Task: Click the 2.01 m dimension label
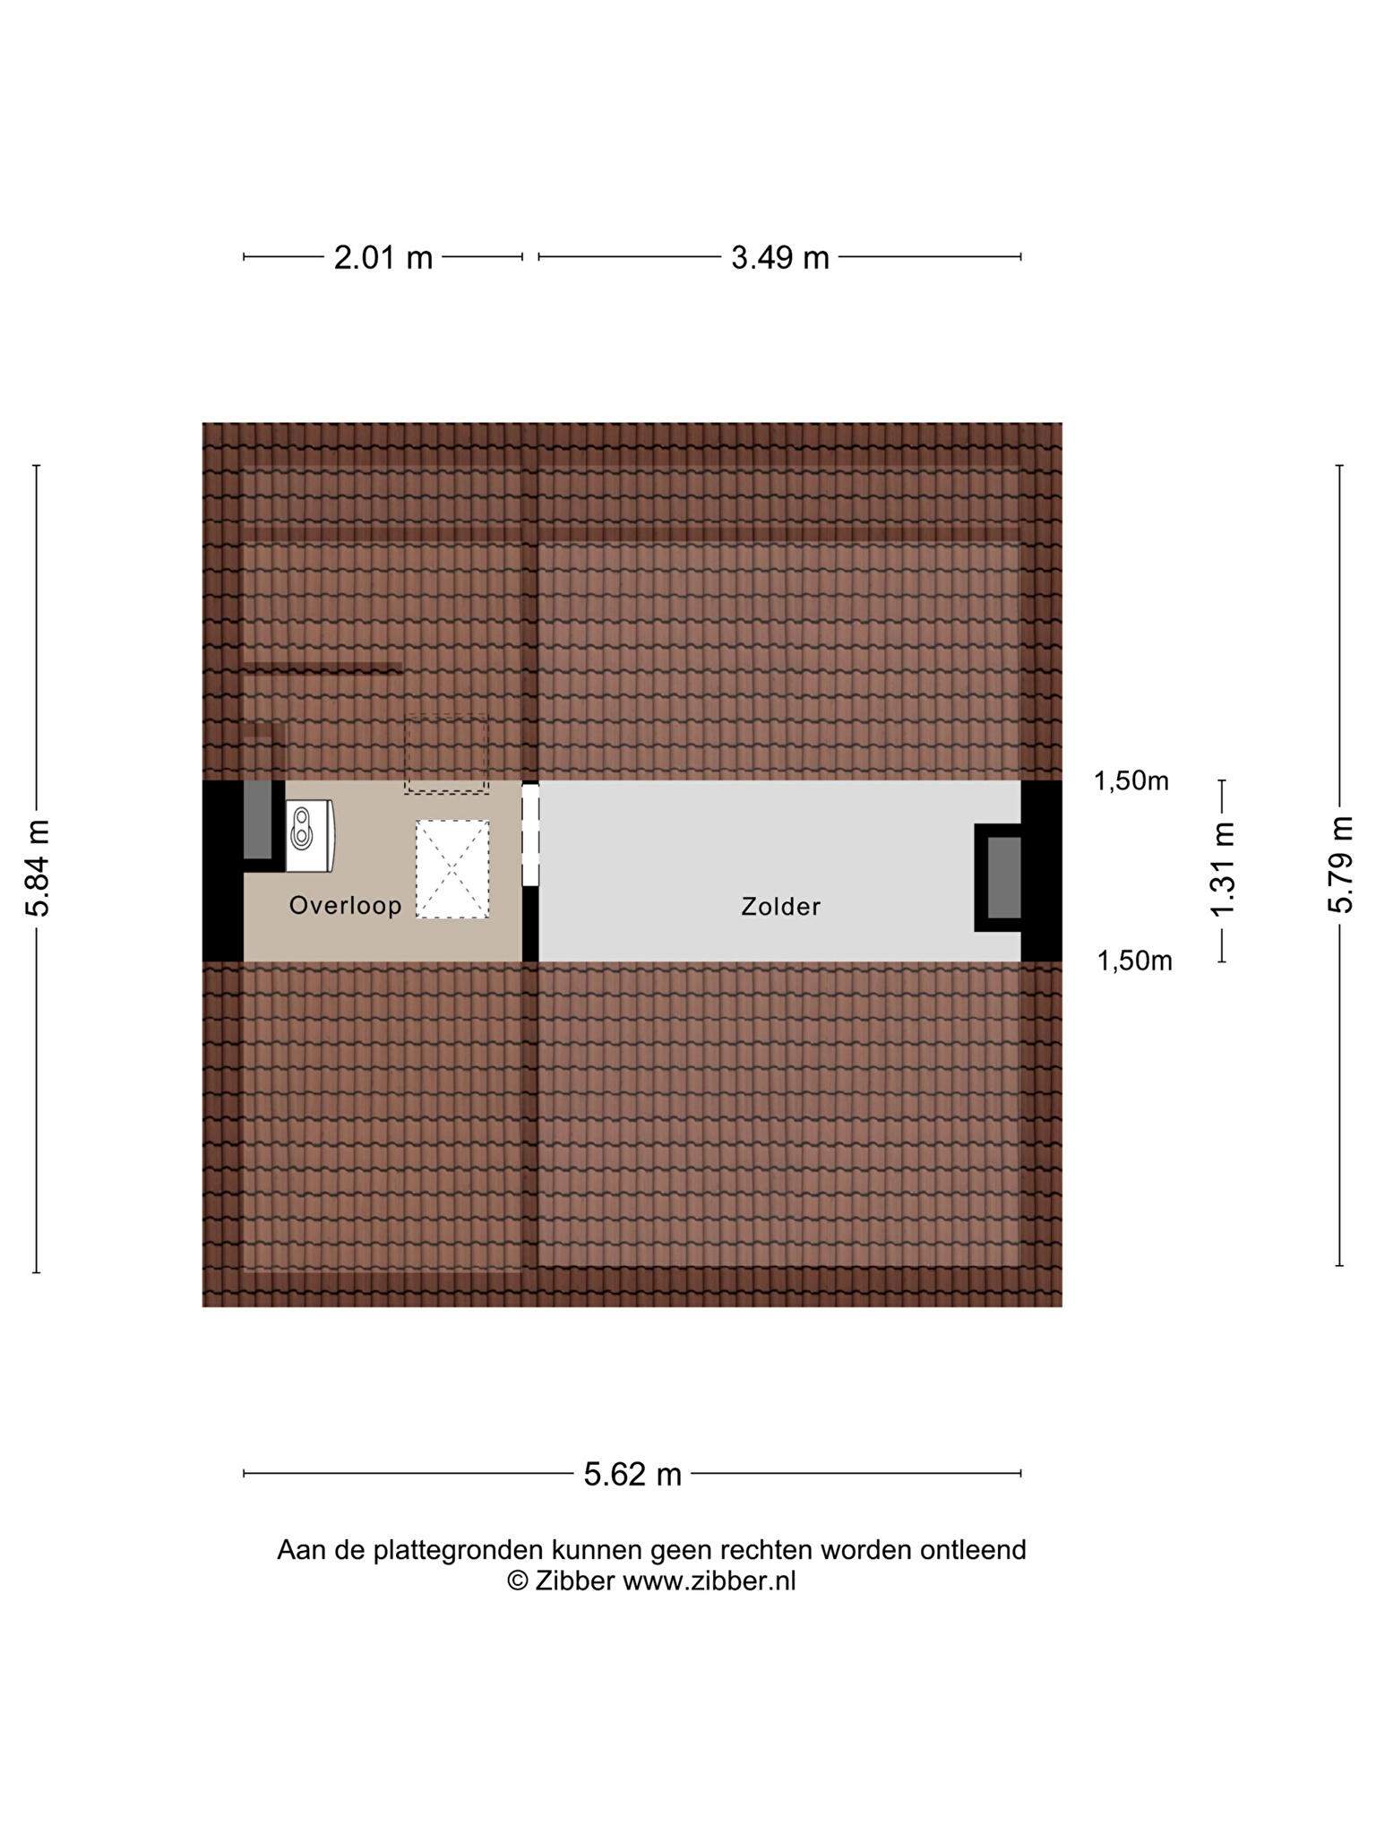383,258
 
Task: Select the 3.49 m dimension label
779,258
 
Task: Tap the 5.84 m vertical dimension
38,867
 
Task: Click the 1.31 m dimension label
1223,869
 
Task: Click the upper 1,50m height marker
1131,781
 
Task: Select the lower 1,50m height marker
1134,961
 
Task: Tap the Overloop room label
345,906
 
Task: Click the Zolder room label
780,907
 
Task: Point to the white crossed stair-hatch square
452,869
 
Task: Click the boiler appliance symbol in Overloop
310,835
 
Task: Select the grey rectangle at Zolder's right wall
1003,877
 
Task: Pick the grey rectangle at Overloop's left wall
257,820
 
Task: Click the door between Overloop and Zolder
530,835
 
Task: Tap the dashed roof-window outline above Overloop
446,754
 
